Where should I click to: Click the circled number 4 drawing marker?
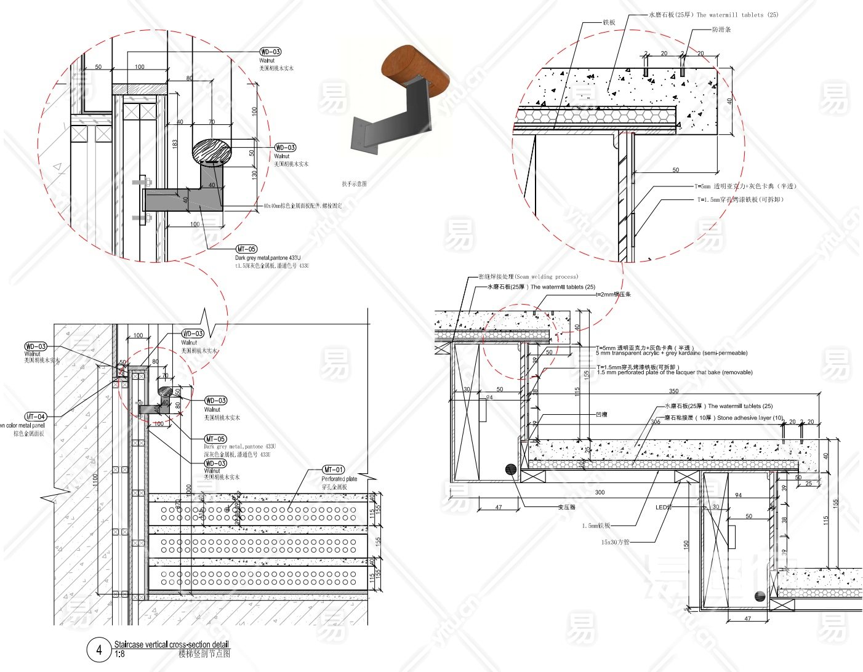[x=98, y=650]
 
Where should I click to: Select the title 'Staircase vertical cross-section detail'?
[x=171, y=644]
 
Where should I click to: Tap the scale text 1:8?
[x=119, y=654]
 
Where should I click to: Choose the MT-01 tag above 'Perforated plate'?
[x=334, y=470]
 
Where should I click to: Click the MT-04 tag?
[x=36, y=417]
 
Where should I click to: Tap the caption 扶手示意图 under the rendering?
[x=355, y=183]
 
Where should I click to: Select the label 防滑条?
[x=721, y=30]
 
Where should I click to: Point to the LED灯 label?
[x=664, y=508]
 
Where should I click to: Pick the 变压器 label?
[x=566, y=508]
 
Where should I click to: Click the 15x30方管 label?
[x=616, y=542]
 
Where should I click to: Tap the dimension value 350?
[x=673, y=391]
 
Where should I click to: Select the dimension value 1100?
[x=95, y=479]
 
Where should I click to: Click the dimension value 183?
[x=175, y=143]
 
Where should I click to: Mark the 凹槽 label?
[x=601, y=414]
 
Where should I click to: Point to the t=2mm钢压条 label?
[x=613, y=294]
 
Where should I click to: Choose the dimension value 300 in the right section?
[x=600, y=492]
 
